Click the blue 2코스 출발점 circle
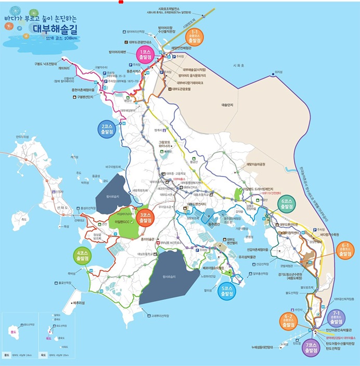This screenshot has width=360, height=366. click(107, 129)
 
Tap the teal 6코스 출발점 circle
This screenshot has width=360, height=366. click(287, 204)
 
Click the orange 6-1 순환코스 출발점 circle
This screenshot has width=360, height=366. click(345, 249)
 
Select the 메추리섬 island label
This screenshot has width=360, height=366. click(80, 302)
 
